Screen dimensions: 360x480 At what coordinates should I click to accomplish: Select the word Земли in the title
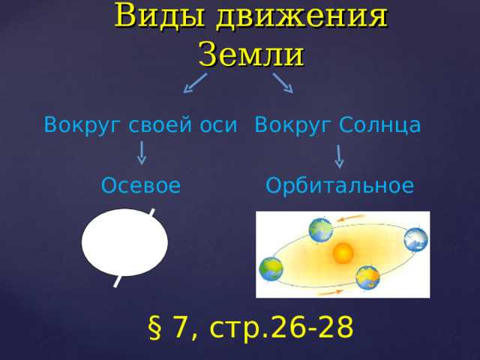click(x=250, y=54)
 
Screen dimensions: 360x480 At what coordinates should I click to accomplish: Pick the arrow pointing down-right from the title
click(x=283, y=82)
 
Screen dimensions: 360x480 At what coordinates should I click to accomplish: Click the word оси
click(x=220, y=124)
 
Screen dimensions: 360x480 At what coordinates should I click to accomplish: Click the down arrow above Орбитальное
click(x=340, y=155)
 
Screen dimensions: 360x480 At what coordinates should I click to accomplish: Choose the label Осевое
click(x=141, y=185)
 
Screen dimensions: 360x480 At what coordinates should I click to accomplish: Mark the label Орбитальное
click(x=340, y=185)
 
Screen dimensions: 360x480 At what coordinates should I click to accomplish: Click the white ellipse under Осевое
click(x=124, y=242)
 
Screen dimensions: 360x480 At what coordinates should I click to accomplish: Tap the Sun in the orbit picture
click(x=343, y=253)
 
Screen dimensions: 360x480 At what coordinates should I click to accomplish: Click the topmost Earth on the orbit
click(x=320, y=229)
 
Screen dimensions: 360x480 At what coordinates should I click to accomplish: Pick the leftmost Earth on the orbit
click(x=271, y=268)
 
